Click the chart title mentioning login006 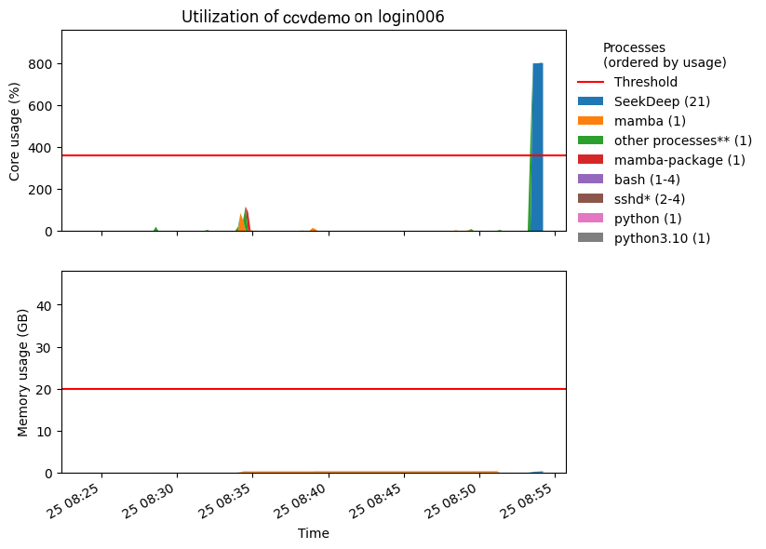point(313,17)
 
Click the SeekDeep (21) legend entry point(662,101)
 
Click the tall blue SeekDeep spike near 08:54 point(538,149)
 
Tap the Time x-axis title point(314,534)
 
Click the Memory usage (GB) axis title point(24,372)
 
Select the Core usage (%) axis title point(15,130)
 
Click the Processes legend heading point(664,55)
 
